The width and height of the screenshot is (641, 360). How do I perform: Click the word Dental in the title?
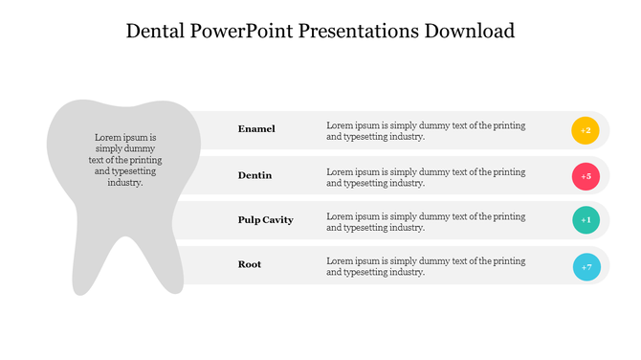click(158, 31)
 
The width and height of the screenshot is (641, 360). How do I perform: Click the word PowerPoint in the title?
click(244, 31)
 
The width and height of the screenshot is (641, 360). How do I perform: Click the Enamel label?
click(256, 128)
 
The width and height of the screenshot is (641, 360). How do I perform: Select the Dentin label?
click(254, 175)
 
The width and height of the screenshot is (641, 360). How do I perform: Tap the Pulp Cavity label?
click(265, 220)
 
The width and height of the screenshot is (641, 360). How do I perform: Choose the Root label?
click(250, 264)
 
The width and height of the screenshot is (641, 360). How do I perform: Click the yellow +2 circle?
click(586, 130)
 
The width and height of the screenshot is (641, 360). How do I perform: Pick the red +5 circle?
click(586, 176)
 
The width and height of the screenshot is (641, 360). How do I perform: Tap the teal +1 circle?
click(586, 220)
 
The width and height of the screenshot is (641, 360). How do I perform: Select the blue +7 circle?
click(586, 266)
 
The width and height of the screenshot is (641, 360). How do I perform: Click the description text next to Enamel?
click(426, 131)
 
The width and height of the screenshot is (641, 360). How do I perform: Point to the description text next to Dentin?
click(426, 177)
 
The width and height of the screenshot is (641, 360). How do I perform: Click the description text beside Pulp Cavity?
click(426, 222)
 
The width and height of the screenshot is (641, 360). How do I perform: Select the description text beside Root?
click(426, 266)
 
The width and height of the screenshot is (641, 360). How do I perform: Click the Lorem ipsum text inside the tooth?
click(124, 160)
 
